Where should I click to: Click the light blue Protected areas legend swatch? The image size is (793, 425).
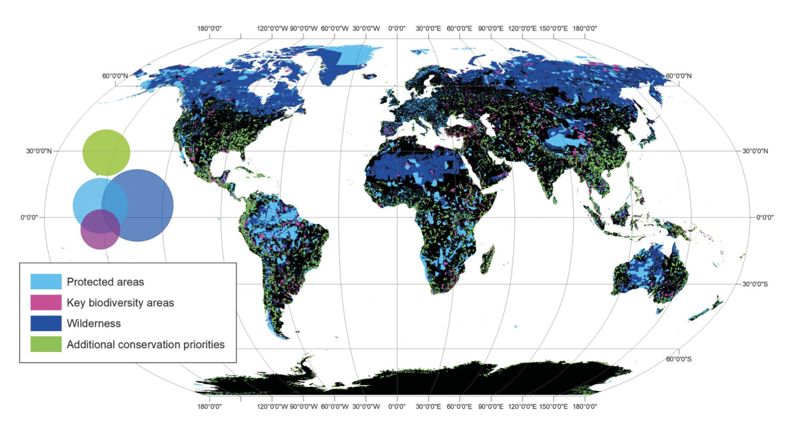click(46, 282)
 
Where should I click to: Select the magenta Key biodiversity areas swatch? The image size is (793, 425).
click(46, 302)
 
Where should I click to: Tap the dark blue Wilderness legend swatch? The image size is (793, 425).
click(46, 323)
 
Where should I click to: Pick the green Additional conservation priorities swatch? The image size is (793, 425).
click(46, 344)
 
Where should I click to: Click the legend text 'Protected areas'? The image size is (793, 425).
click(105, 282)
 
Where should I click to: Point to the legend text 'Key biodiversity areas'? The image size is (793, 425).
click(120, 303)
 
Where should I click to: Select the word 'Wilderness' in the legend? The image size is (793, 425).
click(94, 323)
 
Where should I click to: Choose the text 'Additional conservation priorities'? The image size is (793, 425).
click(146, 345)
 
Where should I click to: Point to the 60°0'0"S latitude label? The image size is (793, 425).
click(678, 359)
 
